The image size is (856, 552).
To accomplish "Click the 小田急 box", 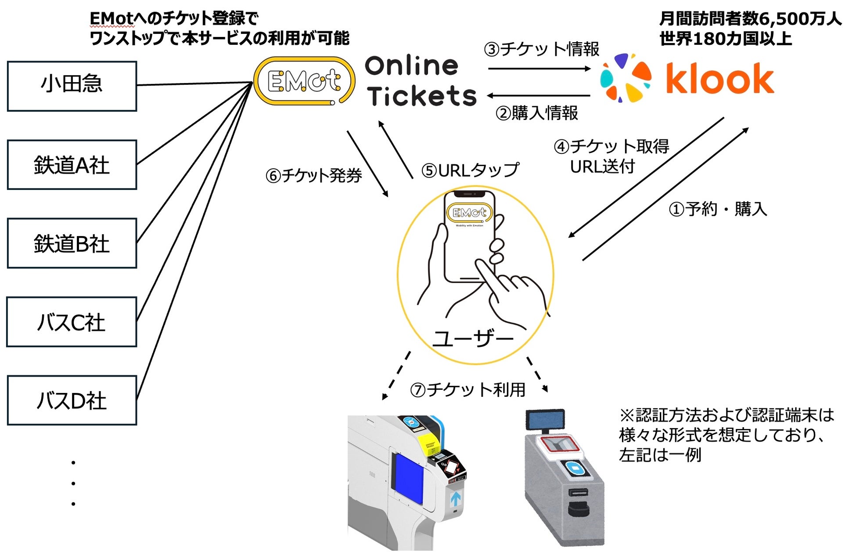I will [x=72, y=86].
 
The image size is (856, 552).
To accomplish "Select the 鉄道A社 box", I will [x=72, y=165].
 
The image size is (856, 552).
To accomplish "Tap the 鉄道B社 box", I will [x=72, y=243].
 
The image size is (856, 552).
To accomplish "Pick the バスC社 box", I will [x=72, y=322].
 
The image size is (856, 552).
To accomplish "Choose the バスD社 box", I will [x=72, y=400].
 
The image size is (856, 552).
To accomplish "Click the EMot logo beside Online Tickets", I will [x=304, y=81].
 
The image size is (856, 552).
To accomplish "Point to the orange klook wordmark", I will [x=720, y=79].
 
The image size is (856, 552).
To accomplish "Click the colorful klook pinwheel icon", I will [x=626, y=78].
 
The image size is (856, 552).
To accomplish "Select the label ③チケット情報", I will [x=541, y=49].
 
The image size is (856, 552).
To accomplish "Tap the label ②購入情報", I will [x=536, y=113].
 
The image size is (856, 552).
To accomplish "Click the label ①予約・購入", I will [x=718, y=209].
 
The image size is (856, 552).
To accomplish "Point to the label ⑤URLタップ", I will [x=470, y=170].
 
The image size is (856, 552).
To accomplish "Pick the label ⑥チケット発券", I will [x=313, y=175].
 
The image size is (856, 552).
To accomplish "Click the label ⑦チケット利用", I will [x=468, y=389].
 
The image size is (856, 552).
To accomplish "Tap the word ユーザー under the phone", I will [x=473, y=338].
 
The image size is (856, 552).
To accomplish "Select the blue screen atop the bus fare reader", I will [x=545, y=419].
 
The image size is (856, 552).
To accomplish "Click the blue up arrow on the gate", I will [x=456, y=499].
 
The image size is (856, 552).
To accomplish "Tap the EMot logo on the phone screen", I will [x=469, y=213].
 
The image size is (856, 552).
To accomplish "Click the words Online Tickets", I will [x=420, y=81].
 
